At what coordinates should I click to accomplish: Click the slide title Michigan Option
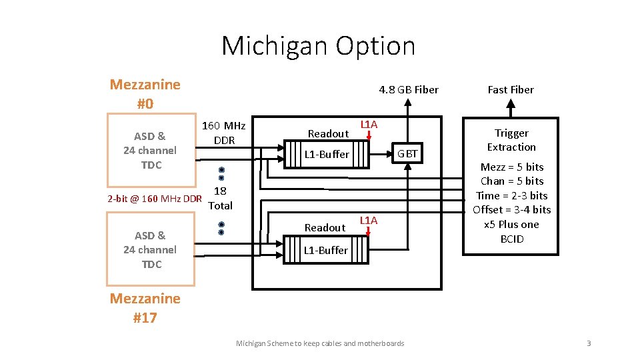click(318, 45)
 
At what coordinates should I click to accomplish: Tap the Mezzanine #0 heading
click(145, 94)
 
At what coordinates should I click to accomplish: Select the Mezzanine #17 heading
click(145, 307)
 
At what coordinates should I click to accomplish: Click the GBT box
click(407, 154)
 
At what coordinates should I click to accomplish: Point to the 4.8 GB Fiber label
click(408, 89)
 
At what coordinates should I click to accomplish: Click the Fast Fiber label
click(511, 89)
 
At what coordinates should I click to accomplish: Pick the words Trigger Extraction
click(511, 140)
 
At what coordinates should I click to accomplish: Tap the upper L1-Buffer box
click(327, 155)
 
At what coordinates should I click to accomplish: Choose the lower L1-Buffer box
click(326, 251)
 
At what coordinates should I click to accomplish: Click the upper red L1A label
click(369, 125)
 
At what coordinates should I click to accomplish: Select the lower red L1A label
click(369, 221)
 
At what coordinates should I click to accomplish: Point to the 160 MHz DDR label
click(223, 133)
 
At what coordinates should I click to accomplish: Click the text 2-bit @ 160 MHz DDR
click(155, 199)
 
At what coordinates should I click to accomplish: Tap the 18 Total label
click(220, 199)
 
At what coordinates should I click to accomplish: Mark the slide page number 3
click(589, 343)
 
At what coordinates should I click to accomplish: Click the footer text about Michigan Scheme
click(320, 343)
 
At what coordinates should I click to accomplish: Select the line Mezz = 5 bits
click(512, 167)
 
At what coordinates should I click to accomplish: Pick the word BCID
click(512, 239)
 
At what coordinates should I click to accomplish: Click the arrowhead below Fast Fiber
click(511, 104)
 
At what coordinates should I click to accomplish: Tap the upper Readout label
click(328, 134)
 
